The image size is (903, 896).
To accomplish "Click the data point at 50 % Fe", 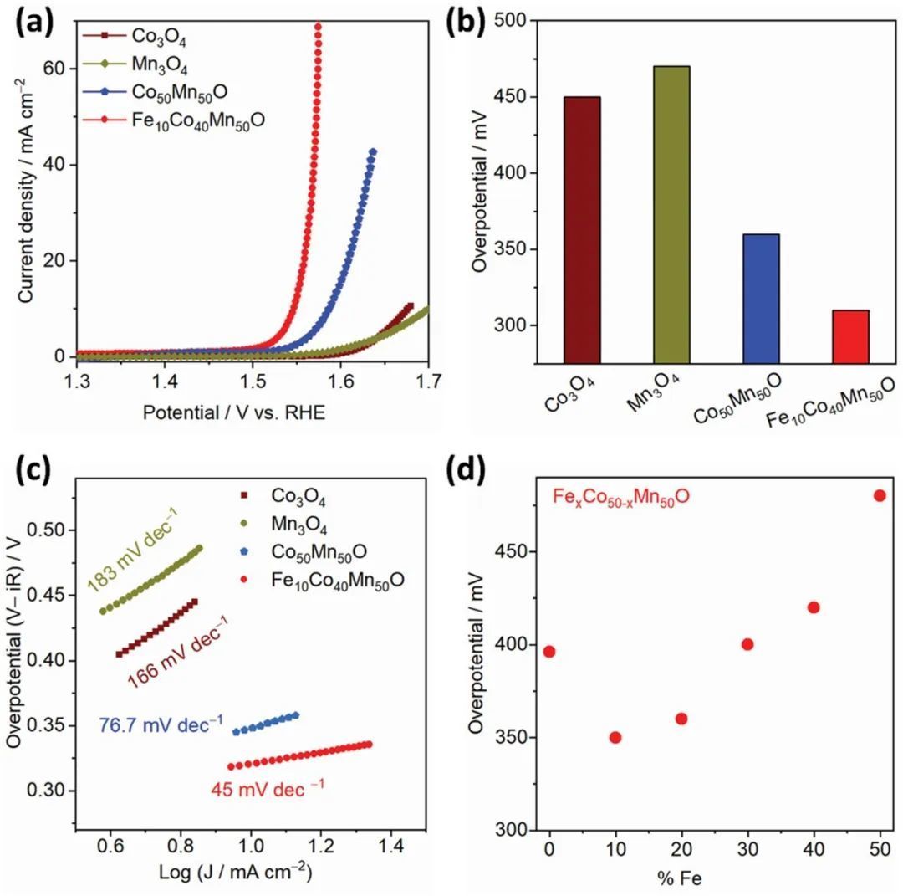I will pos(879,495).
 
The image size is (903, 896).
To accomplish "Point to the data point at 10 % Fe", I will pos(615,737).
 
